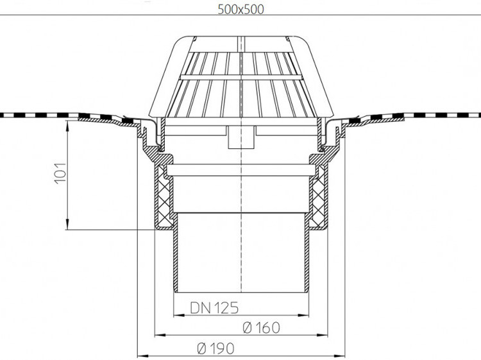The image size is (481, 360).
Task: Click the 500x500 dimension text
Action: click(240, 10)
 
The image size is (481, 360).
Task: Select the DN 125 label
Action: click(214, 308)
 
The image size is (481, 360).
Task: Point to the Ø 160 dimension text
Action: click(262, 327)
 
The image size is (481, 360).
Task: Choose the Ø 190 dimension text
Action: click(215, 348)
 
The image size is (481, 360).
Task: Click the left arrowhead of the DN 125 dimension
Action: click(179, 315)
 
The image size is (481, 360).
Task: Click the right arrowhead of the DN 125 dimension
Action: click(303, 315)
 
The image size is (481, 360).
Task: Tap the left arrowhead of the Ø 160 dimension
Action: click(160, 335)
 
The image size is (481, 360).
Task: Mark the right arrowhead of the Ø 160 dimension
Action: click(323, 335)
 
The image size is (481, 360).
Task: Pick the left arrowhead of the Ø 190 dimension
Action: click(142, 357)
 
